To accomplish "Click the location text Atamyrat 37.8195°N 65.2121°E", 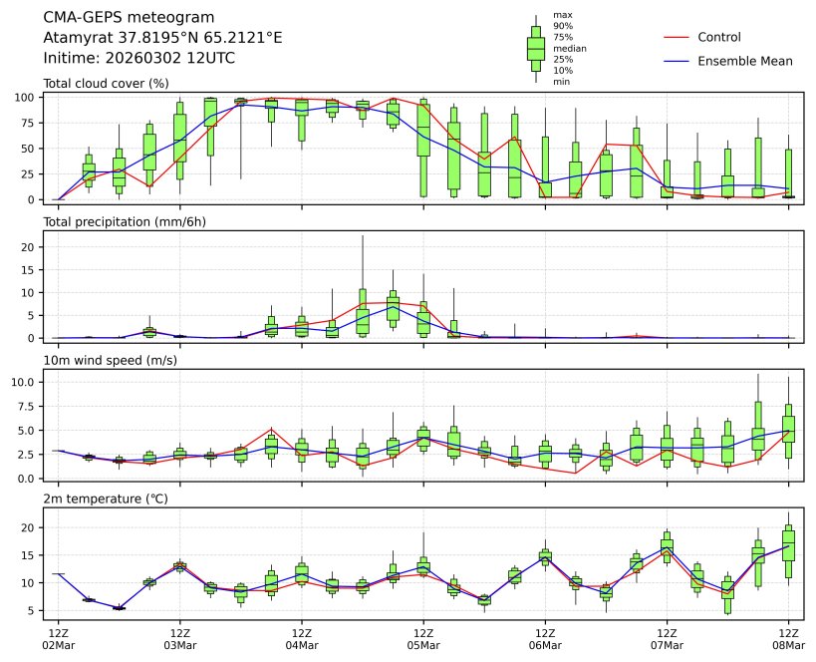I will coord(162,37).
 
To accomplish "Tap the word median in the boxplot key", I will coord(569,48).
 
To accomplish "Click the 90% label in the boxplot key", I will coord(563,26).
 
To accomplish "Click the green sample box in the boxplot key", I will coord(536,48).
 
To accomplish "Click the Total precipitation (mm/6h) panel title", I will coord(125,221).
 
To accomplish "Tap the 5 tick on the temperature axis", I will coord(34,610).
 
